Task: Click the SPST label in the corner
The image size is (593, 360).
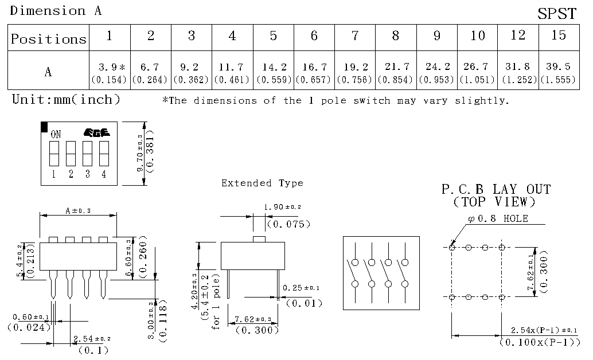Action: [557, 14]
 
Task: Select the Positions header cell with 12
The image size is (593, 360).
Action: [518, 37]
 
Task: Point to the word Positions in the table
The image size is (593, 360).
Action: [49, 38]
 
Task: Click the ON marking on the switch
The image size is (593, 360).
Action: [56, 134]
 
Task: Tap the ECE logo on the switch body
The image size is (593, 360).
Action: [96, 132]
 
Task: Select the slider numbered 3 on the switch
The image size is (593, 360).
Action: [87, 154]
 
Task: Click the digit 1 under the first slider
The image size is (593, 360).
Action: [54, 174]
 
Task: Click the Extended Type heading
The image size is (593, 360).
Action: [262, 183]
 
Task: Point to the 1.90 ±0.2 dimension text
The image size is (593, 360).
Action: [282, 207]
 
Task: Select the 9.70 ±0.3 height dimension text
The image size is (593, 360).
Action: [140, 153]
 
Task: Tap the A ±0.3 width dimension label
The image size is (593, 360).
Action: [78, 210]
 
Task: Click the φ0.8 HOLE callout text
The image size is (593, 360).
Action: [498, 218]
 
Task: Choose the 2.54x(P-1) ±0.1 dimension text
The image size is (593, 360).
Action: [544, 330]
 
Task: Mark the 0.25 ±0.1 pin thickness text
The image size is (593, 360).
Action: [301, 288]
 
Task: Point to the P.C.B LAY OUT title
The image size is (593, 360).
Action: [496, 189]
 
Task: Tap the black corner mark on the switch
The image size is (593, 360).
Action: [44, 127]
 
